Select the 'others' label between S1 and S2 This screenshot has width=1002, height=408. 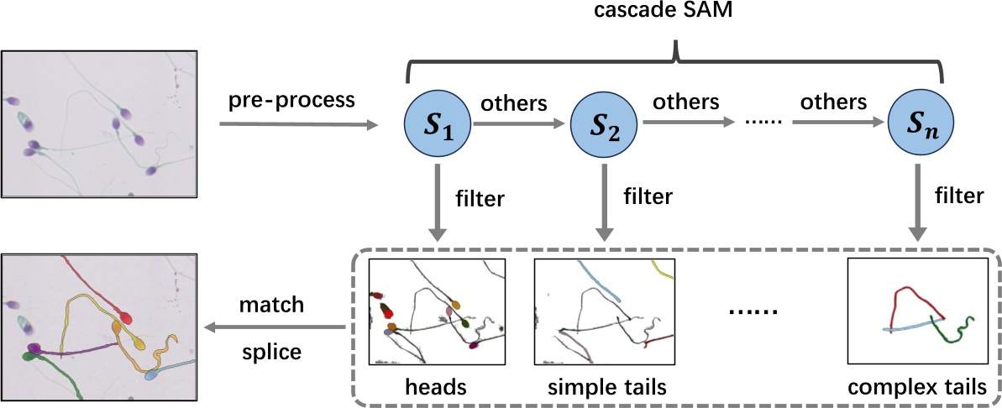click(514, 105)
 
